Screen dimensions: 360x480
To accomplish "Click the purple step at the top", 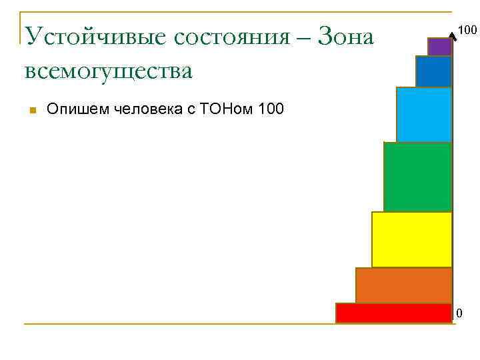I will pos(439,47).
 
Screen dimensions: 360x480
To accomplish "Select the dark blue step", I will pos(433,71).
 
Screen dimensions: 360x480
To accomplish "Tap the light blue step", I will pos(424,114).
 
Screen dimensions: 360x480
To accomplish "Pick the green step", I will pos(418,177).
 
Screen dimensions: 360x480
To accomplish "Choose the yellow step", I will pos(411,239).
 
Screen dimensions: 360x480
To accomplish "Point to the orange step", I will pos(403,285).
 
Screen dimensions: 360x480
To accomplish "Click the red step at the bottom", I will pos(393,313).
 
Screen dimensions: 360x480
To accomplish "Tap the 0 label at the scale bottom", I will pos(459,313).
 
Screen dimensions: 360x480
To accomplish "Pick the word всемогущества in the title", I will pos(108,70).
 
